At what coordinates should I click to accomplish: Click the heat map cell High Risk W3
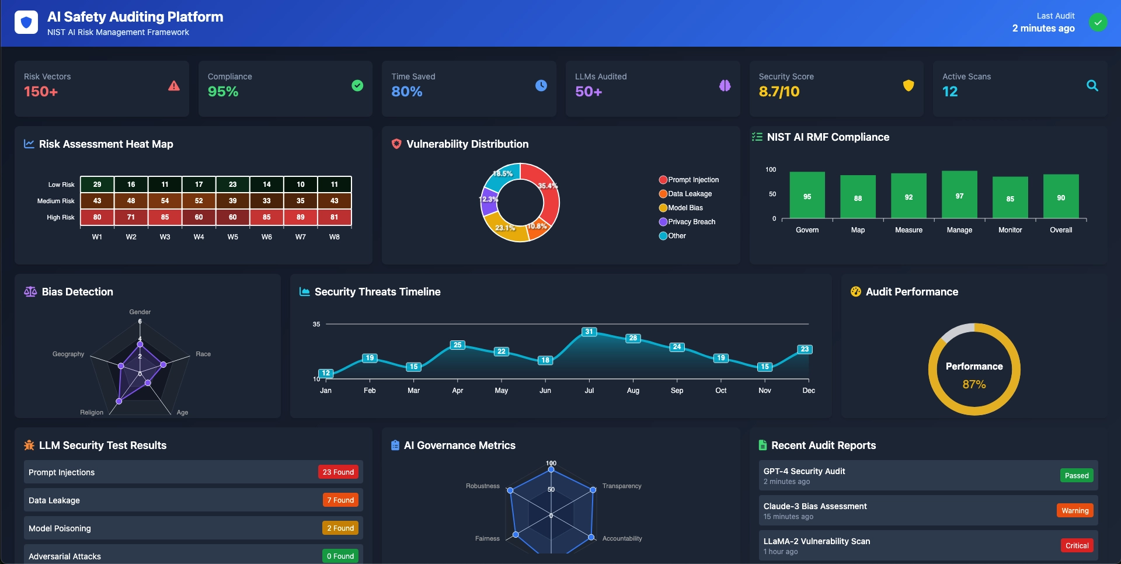click(165, 217)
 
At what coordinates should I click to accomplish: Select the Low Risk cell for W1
click(98, 184)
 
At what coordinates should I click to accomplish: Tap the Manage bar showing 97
click(959, 195)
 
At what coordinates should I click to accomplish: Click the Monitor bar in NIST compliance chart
click(1010, 198)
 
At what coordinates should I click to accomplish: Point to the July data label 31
click(589, 332)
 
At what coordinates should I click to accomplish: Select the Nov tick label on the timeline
click(764, 391)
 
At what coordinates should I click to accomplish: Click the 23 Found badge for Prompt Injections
click(338, 472)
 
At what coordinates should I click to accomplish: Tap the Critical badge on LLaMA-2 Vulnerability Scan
click(1077, 545)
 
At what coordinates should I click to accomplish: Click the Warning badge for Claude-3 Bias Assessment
click(1075, 510)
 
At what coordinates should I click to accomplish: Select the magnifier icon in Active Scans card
click(1092, 86)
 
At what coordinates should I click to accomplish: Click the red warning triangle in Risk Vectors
click(174, 86)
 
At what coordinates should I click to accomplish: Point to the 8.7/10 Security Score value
click(779, 92)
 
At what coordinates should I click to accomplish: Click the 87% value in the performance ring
click(974, 384)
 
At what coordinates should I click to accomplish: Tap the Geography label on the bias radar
click(68, 354)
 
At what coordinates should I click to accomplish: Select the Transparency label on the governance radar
click(622, 486)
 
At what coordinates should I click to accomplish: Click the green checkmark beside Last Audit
click(1098, 23)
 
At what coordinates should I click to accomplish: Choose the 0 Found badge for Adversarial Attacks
click(340, 556)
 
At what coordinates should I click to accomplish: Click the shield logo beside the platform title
click(26, 23)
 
